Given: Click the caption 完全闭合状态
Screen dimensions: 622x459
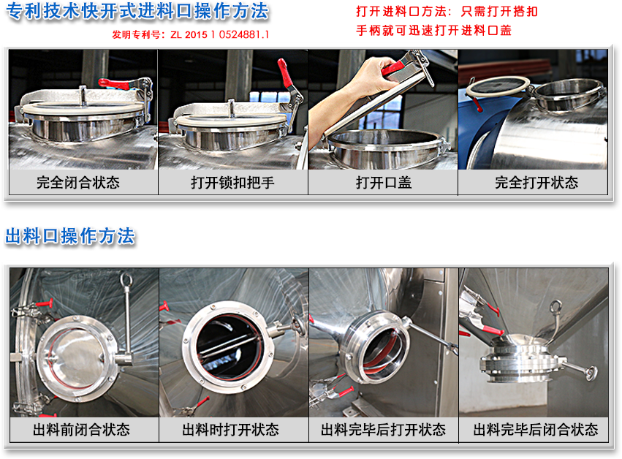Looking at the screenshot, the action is click(x=78, y=183).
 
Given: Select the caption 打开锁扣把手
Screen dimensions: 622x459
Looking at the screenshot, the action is click(x=232, y=183).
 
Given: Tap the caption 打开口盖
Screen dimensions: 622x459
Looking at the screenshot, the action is click(x=384, y=183).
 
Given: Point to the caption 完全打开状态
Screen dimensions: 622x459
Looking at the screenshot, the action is click(x=536, y=183).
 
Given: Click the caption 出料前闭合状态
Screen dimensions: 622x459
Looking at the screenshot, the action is click(x=81, y=430).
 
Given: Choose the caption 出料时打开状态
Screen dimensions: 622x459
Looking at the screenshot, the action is click(x=230, y=430).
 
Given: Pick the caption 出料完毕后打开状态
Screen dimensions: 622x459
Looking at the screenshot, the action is click(x=383, y=430).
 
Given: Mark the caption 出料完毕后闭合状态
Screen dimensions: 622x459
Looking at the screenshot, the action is click(x=536, y=430).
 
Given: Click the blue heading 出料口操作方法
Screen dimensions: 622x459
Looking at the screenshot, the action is click(x=70, y=236).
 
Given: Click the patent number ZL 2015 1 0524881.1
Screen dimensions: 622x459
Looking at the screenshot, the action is click(x=220, y=35).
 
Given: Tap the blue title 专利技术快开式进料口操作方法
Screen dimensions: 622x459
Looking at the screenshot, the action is click(x=137, y=11).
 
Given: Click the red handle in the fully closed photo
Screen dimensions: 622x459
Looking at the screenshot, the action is click(x=114, y=84).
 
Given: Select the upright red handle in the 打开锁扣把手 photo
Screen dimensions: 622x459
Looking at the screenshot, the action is click(x=284, y=72).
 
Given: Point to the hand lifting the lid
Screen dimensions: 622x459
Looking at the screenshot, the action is click(x=354, y=91).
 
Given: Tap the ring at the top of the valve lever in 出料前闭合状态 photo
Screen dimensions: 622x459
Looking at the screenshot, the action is click(x=126, y=279).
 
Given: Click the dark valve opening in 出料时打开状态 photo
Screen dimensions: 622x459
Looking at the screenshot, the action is click(x=228, y=347).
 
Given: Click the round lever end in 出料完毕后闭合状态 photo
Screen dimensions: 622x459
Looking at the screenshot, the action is click(x=591, y=373).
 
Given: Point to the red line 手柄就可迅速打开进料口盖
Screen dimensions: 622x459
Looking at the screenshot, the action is click(x=433, y=31).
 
